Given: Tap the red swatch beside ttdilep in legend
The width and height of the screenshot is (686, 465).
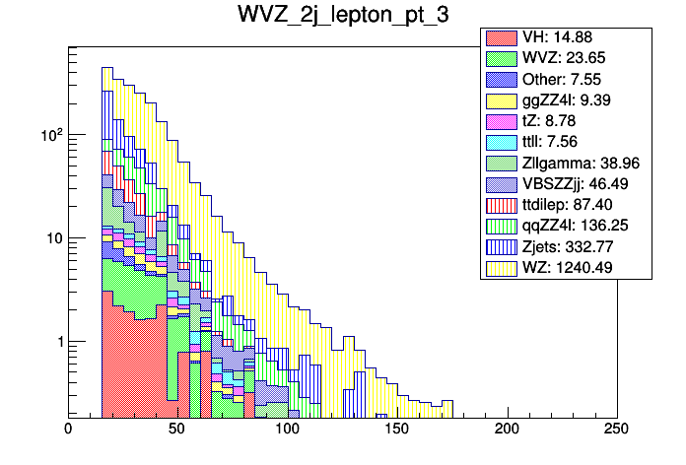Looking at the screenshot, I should (502, 204).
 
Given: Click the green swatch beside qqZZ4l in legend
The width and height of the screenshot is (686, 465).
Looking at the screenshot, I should (502, 225).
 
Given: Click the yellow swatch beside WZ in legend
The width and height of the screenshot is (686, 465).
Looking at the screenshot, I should (502, 266).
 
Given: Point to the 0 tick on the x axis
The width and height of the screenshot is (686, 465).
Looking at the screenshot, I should (68, 430).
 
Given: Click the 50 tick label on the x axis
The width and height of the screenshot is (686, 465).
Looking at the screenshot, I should (178, 430).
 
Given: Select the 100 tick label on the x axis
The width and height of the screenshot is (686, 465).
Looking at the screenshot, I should (288, 430).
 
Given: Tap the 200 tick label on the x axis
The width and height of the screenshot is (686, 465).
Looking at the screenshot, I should (508, 430).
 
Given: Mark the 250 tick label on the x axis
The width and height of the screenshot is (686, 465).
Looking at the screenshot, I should (617, 430).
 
